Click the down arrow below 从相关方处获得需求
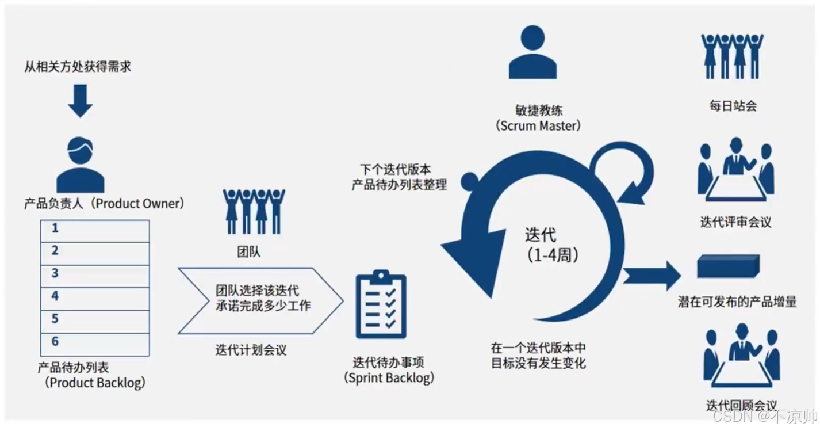click(80, 101)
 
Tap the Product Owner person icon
click(80, 164)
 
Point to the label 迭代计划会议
click(251, 349)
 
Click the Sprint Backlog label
click(389, 371)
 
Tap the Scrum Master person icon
click(532, 53)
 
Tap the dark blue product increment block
click(728, 266)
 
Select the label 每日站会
click(733, 106)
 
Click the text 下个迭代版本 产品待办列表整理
click(399, 177)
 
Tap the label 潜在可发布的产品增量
click(737, 302)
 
